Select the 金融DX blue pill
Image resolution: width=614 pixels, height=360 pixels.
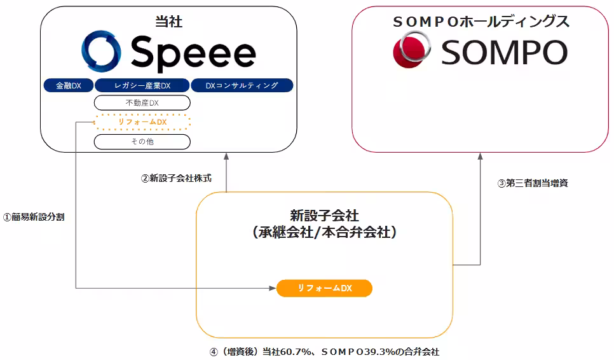coord(69,85)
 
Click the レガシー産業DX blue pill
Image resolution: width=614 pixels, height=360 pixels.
coord(142,85)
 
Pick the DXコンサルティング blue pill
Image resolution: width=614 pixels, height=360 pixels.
coord(242,85)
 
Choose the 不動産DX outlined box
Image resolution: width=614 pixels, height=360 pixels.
coord(142,103)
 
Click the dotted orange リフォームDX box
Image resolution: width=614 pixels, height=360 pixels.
coord(142,122)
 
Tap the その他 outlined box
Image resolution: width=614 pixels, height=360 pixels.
coord(142,141)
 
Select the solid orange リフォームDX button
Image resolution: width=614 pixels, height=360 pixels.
coord(324,288)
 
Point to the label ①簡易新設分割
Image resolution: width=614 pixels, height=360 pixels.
coord(34,217)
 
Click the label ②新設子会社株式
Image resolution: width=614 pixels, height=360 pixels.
coord(176,178)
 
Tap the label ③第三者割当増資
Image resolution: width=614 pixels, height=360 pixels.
coord(533,183)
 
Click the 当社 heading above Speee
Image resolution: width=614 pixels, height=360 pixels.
coord(169,22)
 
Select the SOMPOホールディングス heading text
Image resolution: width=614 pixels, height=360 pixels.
coord(481,22)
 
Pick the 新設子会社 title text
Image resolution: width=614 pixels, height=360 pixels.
coord(324,216)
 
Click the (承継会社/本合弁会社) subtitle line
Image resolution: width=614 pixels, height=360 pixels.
coord(324,232)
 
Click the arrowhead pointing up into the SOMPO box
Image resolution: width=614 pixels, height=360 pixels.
coord(480,156)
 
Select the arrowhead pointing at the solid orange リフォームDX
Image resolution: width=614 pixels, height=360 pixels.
coord(273,288)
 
